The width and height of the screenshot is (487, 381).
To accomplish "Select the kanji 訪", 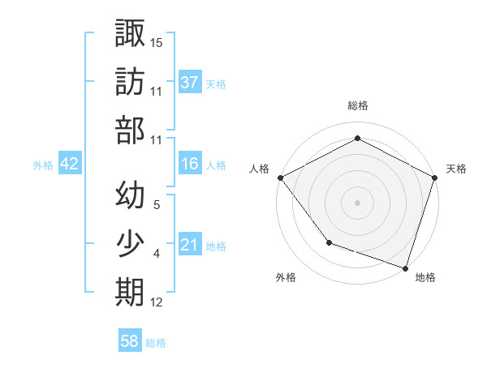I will coord(130,82).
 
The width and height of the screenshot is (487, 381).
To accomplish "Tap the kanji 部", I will coord(130,130).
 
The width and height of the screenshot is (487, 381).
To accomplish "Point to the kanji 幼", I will coord(130,195).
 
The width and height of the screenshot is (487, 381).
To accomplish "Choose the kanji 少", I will coord(130,244).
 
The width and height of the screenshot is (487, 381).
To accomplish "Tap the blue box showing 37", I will coord(190,82).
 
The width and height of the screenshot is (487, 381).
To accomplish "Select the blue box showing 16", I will coord(190,164).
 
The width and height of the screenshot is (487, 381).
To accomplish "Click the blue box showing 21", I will coord(190,245).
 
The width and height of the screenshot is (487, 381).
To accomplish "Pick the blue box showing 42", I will coord(70,164).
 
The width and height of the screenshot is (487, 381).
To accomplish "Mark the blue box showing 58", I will coord(130,341).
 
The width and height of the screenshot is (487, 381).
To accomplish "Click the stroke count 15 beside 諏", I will coord(157,42).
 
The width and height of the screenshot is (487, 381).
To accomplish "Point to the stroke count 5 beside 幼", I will coord(156,205).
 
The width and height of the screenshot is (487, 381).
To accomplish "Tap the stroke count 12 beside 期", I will coord(157,302).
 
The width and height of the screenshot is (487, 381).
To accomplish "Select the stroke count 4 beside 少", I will coord(156,254).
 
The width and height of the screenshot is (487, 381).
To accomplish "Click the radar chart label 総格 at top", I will coord(357,105).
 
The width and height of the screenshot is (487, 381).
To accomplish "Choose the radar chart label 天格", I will coord(457,169).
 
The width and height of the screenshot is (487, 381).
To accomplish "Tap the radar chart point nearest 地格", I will coord(405,267).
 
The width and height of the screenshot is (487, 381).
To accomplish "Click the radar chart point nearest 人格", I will coord(280,177).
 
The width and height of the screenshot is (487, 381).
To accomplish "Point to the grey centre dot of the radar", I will coord(357,202).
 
